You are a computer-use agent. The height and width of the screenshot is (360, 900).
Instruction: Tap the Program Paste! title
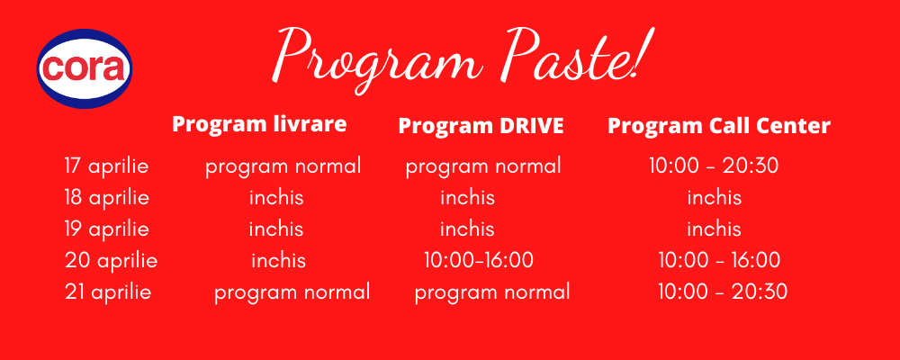[463, 58]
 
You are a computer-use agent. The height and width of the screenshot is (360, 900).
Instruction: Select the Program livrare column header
[259, 124]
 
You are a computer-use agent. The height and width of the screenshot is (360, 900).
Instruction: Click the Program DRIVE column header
[481, 126]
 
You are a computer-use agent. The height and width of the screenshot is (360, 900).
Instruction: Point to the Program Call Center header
[719, 126]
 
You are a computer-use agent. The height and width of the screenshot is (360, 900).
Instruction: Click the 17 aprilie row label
[107, 166]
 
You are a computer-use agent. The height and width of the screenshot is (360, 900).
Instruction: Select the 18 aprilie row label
[107, 198]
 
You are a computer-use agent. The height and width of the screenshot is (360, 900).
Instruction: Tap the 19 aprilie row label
[107, 229]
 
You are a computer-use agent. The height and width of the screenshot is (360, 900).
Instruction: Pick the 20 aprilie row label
[112, 261]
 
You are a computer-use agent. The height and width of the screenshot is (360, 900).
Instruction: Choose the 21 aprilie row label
[108, 292]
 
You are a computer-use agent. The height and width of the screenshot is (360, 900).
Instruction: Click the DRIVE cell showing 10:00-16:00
[479, 260]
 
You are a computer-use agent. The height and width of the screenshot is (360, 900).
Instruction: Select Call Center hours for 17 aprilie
[714, 166]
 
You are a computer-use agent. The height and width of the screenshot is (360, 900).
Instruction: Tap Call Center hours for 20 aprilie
[719, 260]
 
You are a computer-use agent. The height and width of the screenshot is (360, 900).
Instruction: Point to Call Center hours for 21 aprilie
[723, 292]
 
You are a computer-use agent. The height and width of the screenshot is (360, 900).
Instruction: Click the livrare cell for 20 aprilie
[278, 261]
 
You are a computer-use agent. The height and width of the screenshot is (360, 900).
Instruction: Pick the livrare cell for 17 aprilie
[283, 167]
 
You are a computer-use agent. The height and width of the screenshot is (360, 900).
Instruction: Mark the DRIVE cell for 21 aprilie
[492, 292]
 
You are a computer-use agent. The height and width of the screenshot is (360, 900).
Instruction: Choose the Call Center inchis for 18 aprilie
[715, 198]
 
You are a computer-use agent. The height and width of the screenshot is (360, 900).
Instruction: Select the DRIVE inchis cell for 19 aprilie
[467, 229]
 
